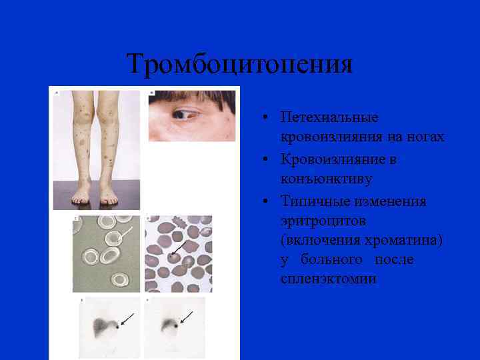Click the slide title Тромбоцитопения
[x=239, y=65]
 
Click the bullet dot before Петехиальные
[x=265, y=118]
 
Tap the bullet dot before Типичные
[x=265, y=201]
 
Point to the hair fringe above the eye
[x=200, y=99]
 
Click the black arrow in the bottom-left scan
[x=128, y=319]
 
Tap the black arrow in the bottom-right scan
[x=187, y=317]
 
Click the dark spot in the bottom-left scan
[x=118, y=327]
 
